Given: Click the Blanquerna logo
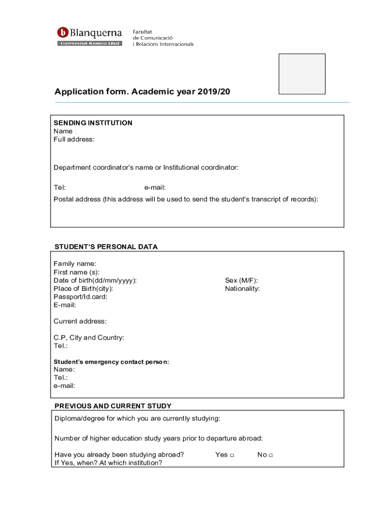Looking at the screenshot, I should (x=90, y=36).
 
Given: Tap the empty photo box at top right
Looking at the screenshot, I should (x=302, y=74).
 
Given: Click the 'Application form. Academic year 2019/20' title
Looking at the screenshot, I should (x=143, y=92).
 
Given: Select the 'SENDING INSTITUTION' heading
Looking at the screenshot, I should (x=93, y=123).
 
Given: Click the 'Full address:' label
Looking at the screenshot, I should (x=74, y=139).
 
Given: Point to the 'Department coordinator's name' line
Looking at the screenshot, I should (x=146, y=167).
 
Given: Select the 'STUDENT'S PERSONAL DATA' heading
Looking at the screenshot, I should (x=106, y=247).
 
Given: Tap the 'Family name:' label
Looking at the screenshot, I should (x=75, y=263).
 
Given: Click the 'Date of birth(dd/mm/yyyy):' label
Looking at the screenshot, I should (x=95, y=280).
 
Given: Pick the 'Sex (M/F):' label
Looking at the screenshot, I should (x=241, y=280).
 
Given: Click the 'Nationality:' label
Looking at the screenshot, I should (x=242, y=288).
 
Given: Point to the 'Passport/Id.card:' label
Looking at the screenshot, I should (x=80, y=297).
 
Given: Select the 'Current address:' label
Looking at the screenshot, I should (x=80, y=321).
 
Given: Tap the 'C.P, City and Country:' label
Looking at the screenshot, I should (x=89, y=338).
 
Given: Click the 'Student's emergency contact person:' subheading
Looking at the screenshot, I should (x=111, y=362).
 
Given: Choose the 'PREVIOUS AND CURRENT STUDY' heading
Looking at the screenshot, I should (x=113, y=406).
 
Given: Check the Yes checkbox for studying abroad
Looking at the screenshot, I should (x=232, y=455).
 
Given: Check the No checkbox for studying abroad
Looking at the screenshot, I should (x=271, y=455).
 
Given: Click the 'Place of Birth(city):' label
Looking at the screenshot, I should (x=83, y=289).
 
